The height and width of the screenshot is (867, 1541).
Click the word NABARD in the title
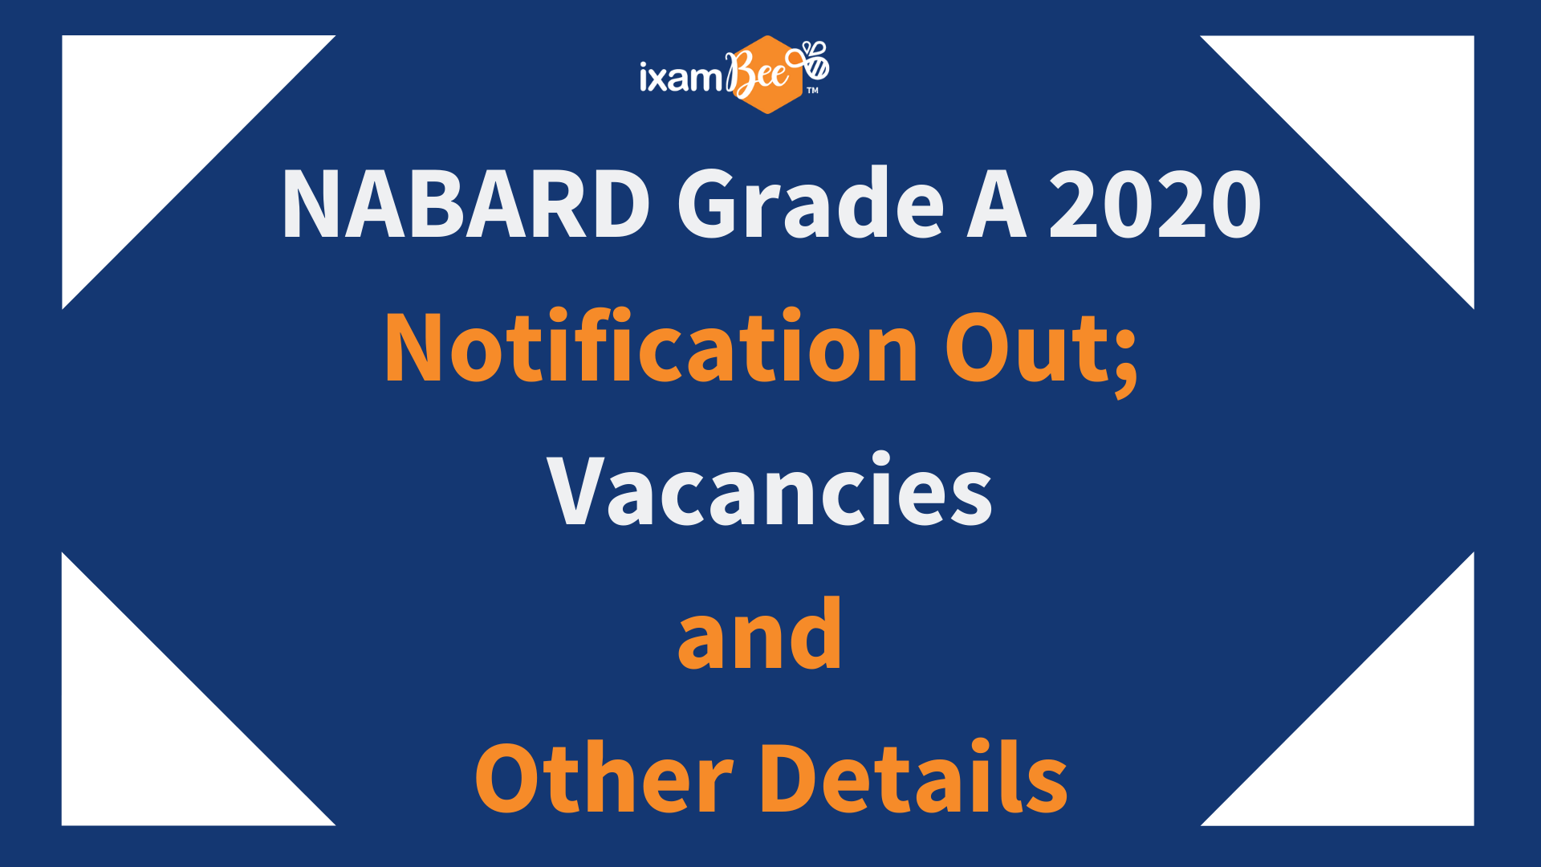(x=466, y=204)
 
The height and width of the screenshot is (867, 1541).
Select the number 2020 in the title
(x=1155, y=204)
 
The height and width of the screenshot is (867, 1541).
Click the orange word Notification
(x=651, y=345)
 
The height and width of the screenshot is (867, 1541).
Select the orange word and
(x=760, y=633)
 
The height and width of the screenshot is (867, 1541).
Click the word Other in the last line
(x=604, y=777)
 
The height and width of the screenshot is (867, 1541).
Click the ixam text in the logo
(x=681, y=77)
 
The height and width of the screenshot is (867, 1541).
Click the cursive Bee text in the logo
(x=758, y=75)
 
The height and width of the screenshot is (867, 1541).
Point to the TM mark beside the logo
(x=812, y=91)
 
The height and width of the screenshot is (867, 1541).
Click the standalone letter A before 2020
(x=996, y=204)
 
